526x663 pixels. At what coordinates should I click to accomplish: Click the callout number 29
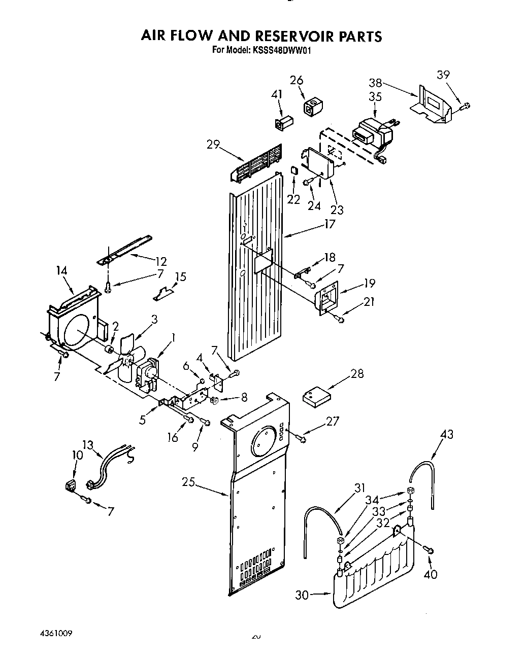[213, 145]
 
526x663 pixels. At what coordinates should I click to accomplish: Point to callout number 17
[330, 224]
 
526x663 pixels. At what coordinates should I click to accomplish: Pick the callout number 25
[189, 482]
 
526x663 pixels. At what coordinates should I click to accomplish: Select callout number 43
[447, 434]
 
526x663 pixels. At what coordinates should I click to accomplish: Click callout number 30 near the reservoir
[302, 595]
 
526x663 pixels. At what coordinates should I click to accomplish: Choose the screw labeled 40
[429, 550]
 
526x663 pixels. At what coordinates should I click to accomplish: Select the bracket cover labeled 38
[431, 106]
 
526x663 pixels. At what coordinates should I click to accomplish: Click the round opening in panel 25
[261, 439]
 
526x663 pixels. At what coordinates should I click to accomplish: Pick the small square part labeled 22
[293, 170]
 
